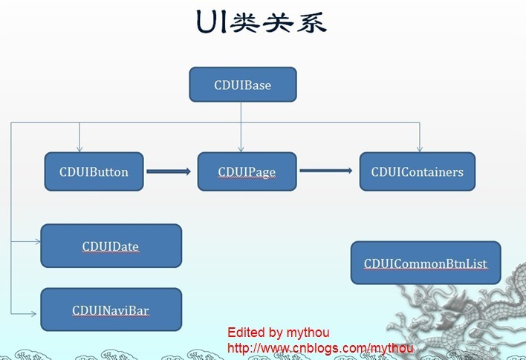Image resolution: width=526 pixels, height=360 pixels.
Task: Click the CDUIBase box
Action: point(243,85)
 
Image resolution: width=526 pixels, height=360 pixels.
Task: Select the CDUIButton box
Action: point(94,171)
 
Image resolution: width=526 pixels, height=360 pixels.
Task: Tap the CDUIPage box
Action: point(247,171)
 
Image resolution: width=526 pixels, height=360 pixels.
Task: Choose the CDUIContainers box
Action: point(417,171)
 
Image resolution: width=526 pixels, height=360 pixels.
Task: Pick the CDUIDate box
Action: point(111,246)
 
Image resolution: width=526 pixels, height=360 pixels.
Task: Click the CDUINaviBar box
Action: point(111,310)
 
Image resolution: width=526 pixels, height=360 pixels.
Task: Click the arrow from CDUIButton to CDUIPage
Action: point(169,171)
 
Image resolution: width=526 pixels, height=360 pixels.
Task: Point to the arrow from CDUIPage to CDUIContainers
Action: point(325,171)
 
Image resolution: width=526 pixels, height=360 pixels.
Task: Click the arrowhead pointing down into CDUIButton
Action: point(79,148)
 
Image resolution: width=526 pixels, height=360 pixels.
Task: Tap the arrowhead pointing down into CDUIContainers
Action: point(420,148)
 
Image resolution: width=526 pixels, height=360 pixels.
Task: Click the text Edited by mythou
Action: point(278,333)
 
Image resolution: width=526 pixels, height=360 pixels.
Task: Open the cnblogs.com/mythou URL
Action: point(320,347)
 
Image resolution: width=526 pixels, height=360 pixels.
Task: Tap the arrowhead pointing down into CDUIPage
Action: point(241,148)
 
